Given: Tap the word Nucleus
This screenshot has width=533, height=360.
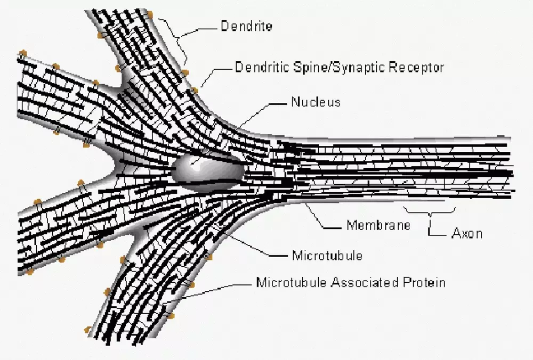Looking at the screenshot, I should tap(315, 102).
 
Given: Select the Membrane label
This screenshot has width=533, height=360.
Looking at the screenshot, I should tap(378, 225).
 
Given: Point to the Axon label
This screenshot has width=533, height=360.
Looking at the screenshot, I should tap(467, 233).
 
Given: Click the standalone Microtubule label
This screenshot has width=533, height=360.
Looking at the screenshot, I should tap(327, 256).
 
